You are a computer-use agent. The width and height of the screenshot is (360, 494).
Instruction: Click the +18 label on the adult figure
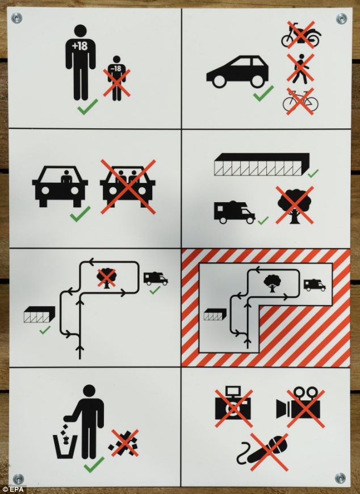tap(79, 47)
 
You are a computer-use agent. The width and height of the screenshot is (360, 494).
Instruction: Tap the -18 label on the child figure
tap(116, 68)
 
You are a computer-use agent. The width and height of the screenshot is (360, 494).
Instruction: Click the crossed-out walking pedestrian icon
tap(300, 68)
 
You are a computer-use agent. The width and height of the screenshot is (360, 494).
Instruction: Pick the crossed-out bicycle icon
tap(300, 101)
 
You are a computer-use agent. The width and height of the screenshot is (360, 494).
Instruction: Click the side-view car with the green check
tap(237, 72)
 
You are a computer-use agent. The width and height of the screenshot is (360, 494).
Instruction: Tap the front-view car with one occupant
tap(60, 186)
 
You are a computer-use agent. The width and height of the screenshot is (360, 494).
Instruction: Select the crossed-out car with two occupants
tap(128, 186)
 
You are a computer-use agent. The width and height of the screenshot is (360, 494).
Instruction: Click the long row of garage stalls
tap(262, 165)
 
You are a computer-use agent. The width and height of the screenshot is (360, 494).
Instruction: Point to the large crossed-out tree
tap(295, 205)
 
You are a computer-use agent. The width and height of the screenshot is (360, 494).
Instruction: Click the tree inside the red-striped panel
tap(272, 283)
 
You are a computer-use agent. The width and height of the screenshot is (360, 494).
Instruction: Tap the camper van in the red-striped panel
tap(315, 285)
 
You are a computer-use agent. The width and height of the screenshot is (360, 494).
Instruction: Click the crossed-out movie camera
tap(299, 407)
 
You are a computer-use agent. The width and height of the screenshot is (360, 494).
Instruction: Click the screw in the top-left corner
tap(16, 18)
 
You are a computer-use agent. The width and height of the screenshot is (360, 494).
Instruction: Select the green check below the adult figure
tap(87, 107)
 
